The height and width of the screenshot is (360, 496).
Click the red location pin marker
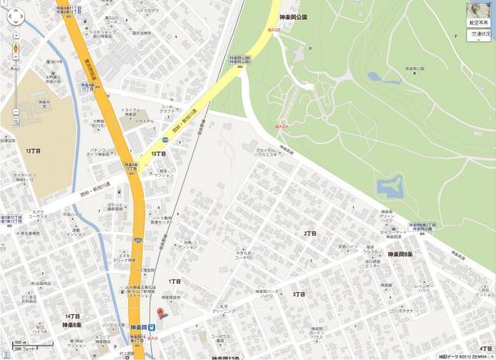[160, 314]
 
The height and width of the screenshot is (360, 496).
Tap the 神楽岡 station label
[137, 327]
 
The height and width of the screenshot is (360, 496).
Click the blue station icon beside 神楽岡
[152, 327]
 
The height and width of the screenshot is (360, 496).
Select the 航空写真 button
[478, 23]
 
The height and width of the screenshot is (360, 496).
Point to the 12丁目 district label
[33, 151]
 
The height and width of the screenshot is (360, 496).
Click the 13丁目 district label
[159, 153]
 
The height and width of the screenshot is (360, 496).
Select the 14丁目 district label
[72, 316]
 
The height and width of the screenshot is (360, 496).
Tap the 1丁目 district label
[173, 281]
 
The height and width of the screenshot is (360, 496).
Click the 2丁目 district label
[310, 233]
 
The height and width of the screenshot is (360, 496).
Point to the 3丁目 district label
[298, 294]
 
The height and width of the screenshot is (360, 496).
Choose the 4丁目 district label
[486, 349]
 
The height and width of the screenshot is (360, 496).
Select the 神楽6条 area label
[73, 325]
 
